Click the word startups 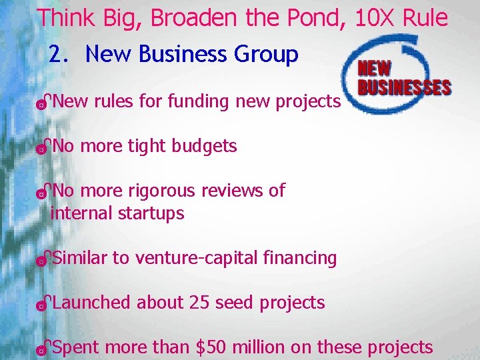[x=151, y=213]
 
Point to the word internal [x=81, y=213]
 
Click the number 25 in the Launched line [x=199, y=303]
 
